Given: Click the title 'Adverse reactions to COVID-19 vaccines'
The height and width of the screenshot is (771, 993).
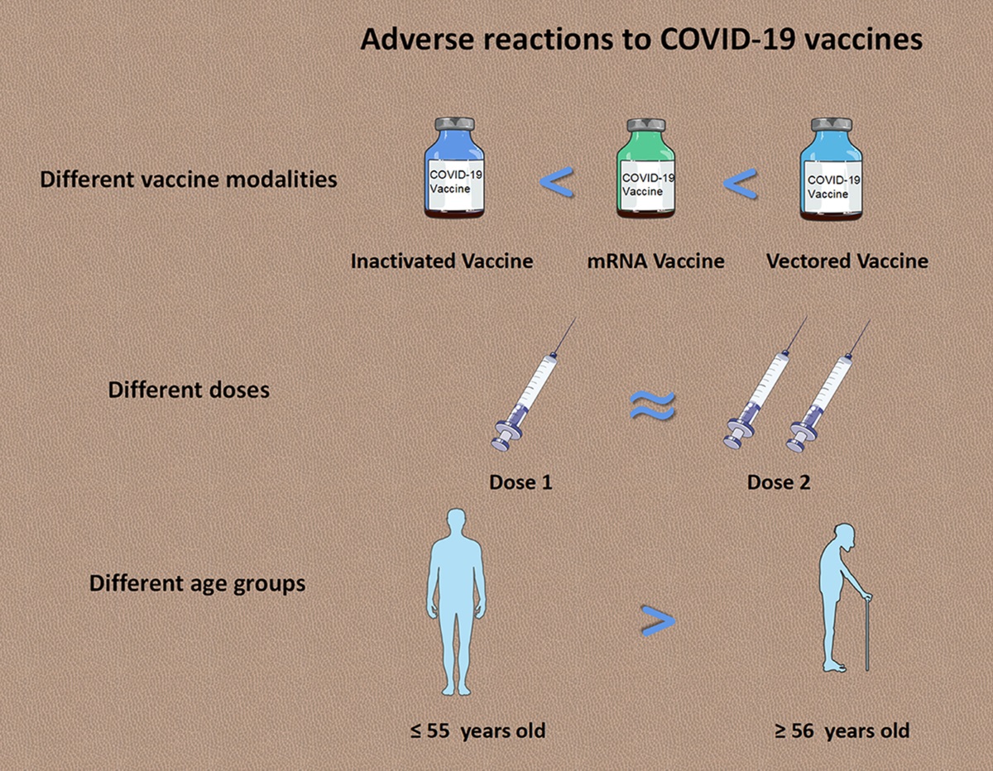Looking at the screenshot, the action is [641, 41].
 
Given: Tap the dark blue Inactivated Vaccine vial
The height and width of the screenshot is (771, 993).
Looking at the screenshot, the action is [454, 168].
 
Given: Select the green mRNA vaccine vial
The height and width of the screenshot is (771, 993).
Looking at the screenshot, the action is [645, 169].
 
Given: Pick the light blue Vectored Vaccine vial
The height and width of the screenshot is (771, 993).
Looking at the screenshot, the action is [832, 169].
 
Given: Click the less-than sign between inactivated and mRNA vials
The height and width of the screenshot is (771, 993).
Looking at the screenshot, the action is [557, 182].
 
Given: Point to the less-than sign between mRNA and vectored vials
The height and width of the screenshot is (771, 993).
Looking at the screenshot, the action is [741, 184].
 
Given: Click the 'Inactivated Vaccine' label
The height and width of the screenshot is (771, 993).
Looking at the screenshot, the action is [442, 261].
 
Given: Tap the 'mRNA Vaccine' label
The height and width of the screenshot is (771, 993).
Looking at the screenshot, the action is [655, 261].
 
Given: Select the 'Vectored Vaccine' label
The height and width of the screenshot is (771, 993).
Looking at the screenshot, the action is [847, 261].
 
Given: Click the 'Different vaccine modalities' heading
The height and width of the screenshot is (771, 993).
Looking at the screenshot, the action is [189, 179].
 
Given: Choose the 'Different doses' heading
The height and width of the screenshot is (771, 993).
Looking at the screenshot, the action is [189, 390].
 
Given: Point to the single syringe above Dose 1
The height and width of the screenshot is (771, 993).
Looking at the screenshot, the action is [533, 385].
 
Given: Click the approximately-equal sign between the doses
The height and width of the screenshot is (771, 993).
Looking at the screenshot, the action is [652, 405].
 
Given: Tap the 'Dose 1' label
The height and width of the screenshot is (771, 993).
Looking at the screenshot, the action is [520, 483].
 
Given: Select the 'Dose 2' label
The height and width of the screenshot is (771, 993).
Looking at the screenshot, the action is [779, 483].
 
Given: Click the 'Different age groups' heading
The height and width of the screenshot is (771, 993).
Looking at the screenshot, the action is [198, 584].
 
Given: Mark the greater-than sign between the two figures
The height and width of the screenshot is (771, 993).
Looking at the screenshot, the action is [658, 620].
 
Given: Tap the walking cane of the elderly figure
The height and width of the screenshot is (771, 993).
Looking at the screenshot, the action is [867, 633].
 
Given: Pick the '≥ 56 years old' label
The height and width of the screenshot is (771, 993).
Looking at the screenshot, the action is [842, 730].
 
